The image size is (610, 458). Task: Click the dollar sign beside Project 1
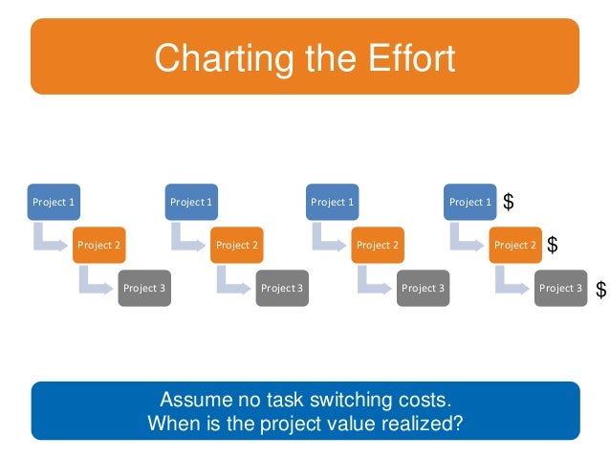509,203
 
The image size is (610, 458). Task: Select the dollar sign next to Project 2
553,246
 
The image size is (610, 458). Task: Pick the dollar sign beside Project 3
600,289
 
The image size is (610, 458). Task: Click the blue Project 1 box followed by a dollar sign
469,202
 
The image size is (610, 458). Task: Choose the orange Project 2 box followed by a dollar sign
515,245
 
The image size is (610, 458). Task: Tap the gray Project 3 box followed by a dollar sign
560,288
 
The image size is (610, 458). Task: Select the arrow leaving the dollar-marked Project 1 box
465,235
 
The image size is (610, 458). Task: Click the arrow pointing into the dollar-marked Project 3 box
511,278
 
